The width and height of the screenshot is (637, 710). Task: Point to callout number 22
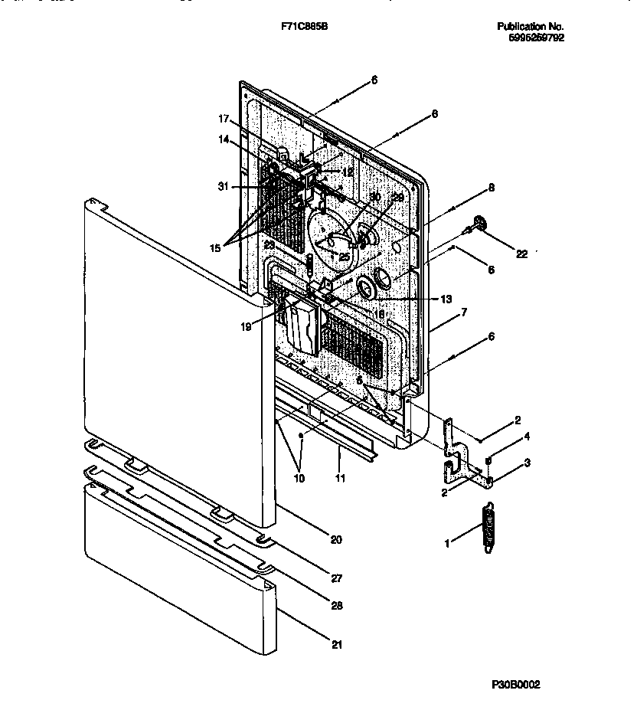pyautogui.click(x=522, y=254)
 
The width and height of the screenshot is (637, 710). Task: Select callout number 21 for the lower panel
pyautogui.click(x=338, y=644)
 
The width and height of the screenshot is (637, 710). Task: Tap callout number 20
pyautogui.click(x=335, y=539)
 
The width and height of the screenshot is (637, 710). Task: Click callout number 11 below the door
pyautogui.click(x=340, y=478)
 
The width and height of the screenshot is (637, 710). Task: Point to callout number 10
pyautogui.click(x=299, y=478)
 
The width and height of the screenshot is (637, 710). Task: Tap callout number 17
pyautogui.click(x=224, y=119)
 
